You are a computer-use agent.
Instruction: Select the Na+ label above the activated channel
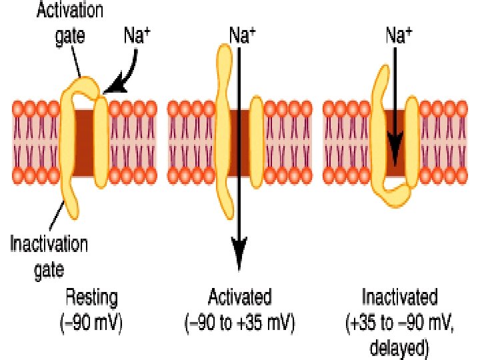242,35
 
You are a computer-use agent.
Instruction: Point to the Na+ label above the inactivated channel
398,35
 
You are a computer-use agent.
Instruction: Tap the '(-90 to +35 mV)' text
239,324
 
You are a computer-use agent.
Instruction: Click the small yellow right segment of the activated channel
257,140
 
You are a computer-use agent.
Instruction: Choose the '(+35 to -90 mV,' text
399,324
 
